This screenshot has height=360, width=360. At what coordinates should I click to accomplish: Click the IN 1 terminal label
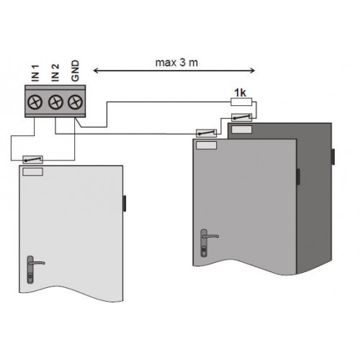pos(35,73)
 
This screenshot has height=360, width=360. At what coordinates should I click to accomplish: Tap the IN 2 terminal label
pos(55,73)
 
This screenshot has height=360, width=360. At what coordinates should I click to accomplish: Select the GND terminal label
pos(75,71)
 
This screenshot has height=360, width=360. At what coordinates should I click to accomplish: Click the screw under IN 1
pos(35,102)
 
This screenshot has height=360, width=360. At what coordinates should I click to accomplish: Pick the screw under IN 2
pos(55,102)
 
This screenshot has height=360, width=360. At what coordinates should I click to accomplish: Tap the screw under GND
pos(76,102)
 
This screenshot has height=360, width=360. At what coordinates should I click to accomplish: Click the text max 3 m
pos(176,63)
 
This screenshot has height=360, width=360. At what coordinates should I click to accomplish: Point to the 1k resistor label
pos(240,93)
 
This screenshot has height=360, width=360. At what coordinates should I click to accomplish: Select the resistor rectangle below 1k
pos(241,102)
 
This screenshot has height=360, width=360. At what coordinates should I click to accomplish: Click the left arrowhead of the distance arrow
pos(96,71)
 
